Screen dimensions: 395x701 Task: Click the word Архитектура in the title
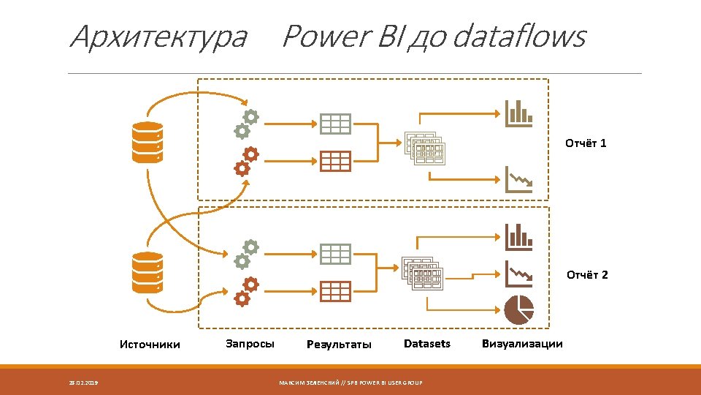(158, 37)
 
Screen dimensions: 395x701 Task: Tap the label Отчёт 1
(586, 143)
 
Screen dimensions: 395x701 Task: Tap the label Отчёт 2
(587, 275)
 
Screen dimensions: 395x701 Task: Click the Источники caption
(150, 345)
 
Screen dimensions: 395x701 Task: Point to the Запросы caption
(250, 343)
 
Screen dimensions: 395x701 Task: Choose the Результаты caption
(339, 345)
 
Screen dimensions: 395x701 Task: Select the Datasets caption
(427, 343)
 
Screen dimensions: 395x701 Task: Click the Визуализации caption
(522, 344)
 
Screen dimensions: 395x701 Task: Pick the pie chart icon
(518, 309)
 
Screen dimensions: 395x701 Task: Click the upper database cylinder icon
(148, 143)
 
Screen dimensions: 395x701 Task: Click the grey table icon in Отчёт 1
(335, 124)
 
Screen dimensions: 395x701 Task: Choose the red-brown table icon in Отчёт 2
(335, 291)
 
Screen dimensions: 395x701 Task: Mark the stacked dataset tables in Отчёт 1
(424, 148)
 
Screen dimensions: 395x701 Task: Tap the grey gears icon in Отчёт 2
(246, 253)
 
